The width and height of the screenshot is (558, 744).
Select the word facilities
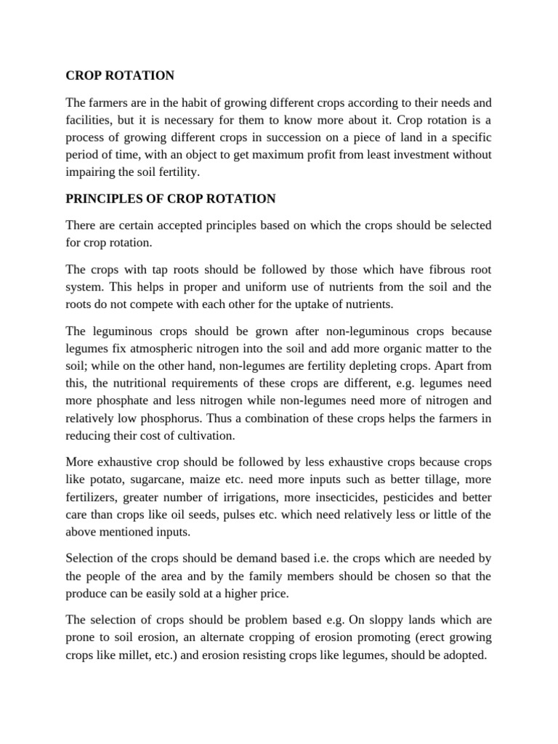coord(89,120)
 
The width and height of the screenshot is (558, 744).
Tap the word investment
coord(435,155)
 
